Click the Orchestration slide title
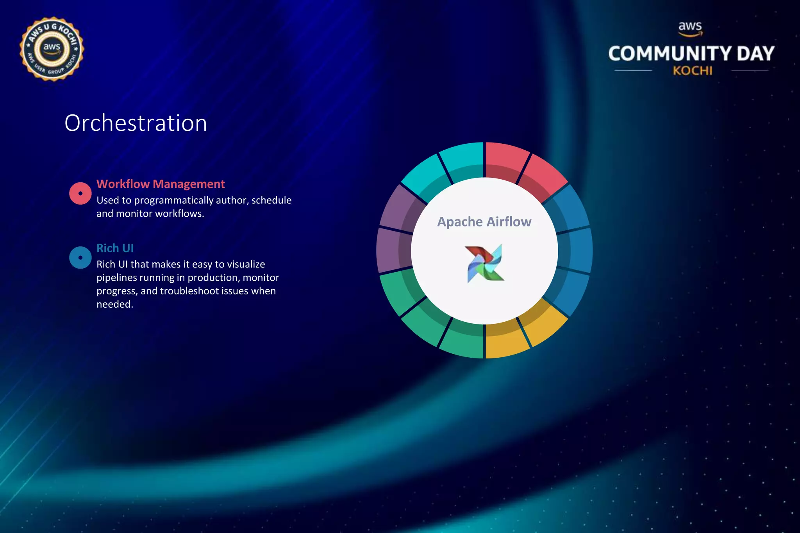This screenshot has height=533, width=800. click(x=136, y=123)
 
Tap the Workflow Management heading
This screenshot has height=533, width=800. click(x=161, y=184)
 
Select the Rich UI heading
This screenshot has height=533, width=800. click(x=115, y=248)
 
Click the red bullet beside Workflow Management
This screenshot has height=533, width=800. click(x=80, y=193)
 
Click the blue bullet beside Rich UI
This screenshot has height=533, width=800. click(x=80, y=258)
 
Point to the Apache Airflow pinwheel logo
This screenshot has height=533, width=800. click(x=484, y=263)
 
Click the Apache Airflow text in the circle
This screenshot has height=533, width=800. click(x=484, y=222)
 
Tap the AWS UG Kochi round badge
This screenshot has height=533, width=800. click(x=52, y=49)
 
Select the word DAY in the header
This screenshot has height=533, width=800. click(x=755, y=54)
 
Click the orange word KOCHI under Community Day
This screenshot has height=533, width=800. click(x=692, y=71)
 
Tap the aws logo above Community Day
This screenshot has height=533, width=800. click(x=690, y=28)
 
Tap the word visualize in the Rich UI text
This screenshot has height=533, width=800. click(x=246, y=264)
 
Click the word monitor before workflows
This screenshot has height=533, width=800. click(x=134, y=214)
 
